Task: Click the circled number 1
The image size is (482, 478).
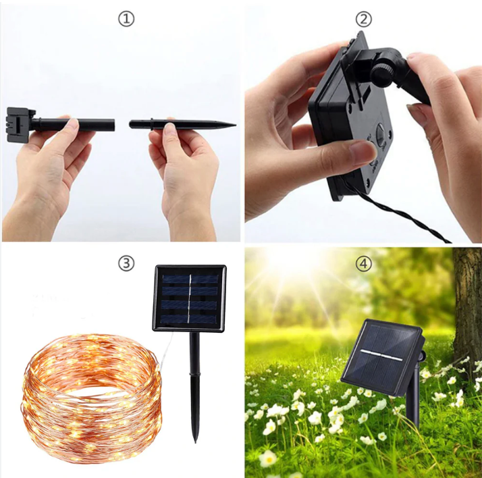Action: click(126, 19)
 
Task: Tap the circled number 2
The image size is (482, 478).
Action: click(364, 19)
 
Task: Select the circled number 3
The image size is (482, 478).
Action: click(126, 263)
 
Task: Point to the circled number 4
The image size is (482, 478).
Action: click(364, 263)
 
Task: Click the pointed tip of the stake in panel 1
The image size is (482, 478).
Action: click(235, 125)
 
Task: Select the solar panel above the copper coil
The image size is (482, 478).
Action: click(189, 298)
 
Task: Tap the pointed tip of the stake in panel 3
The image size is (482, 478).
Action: click(195, 442)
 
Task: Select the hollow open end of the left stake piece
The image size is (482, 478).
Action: click(113, 125)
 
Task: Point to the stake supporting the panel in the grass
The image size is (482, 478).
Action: click(413, 396)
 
